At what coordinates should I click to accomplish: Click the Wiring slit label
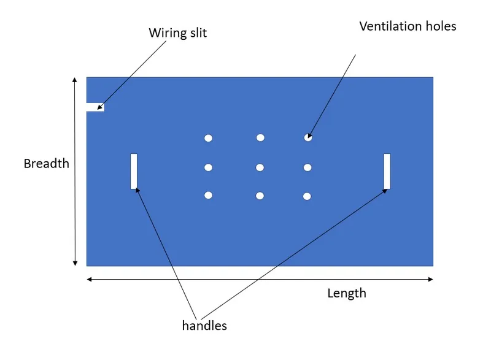(177, 33)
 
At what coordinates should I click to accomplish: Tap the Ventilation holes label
(408, 26)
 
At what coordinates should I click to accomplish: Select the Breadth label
(46, 164)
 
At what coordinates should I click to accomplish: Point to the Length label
(346, 293)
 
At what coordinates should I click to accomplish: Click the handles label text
(204, 326)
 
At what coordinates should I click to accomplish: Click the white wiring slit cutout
(95, 107)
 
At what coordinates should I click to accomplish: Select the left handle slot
(134, 171)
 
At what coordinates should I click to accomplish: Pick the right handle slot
(387, 171)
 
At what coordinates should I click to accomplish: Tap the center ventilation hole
(260, 167)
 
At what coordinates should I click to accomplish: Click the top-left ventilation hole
(209, 138)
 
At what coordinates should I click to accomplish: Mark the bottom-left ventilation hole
(209, 195)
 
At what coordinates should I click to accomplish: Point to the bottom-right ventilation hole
(307, 196)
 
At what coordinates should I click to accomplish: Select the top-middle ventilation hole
(260, 137)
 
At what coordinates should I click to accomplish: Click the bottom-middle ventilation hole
(260, 196)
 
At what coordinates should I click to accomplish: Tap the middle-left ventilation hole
(209, 167)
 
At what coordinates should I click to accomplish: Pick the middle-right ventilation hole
(307, 167)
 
